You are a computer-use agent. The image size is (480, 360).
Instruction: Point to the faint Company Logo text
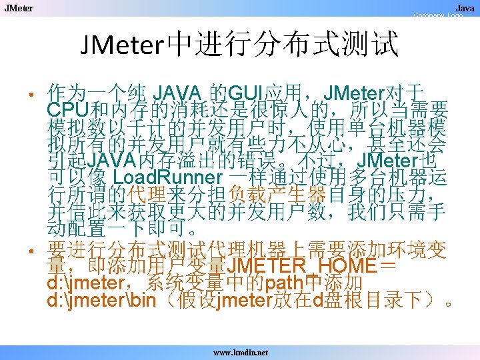point(437,15)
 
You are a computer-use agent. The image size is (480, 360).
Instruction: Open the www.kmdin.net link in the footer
point(240,351)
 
